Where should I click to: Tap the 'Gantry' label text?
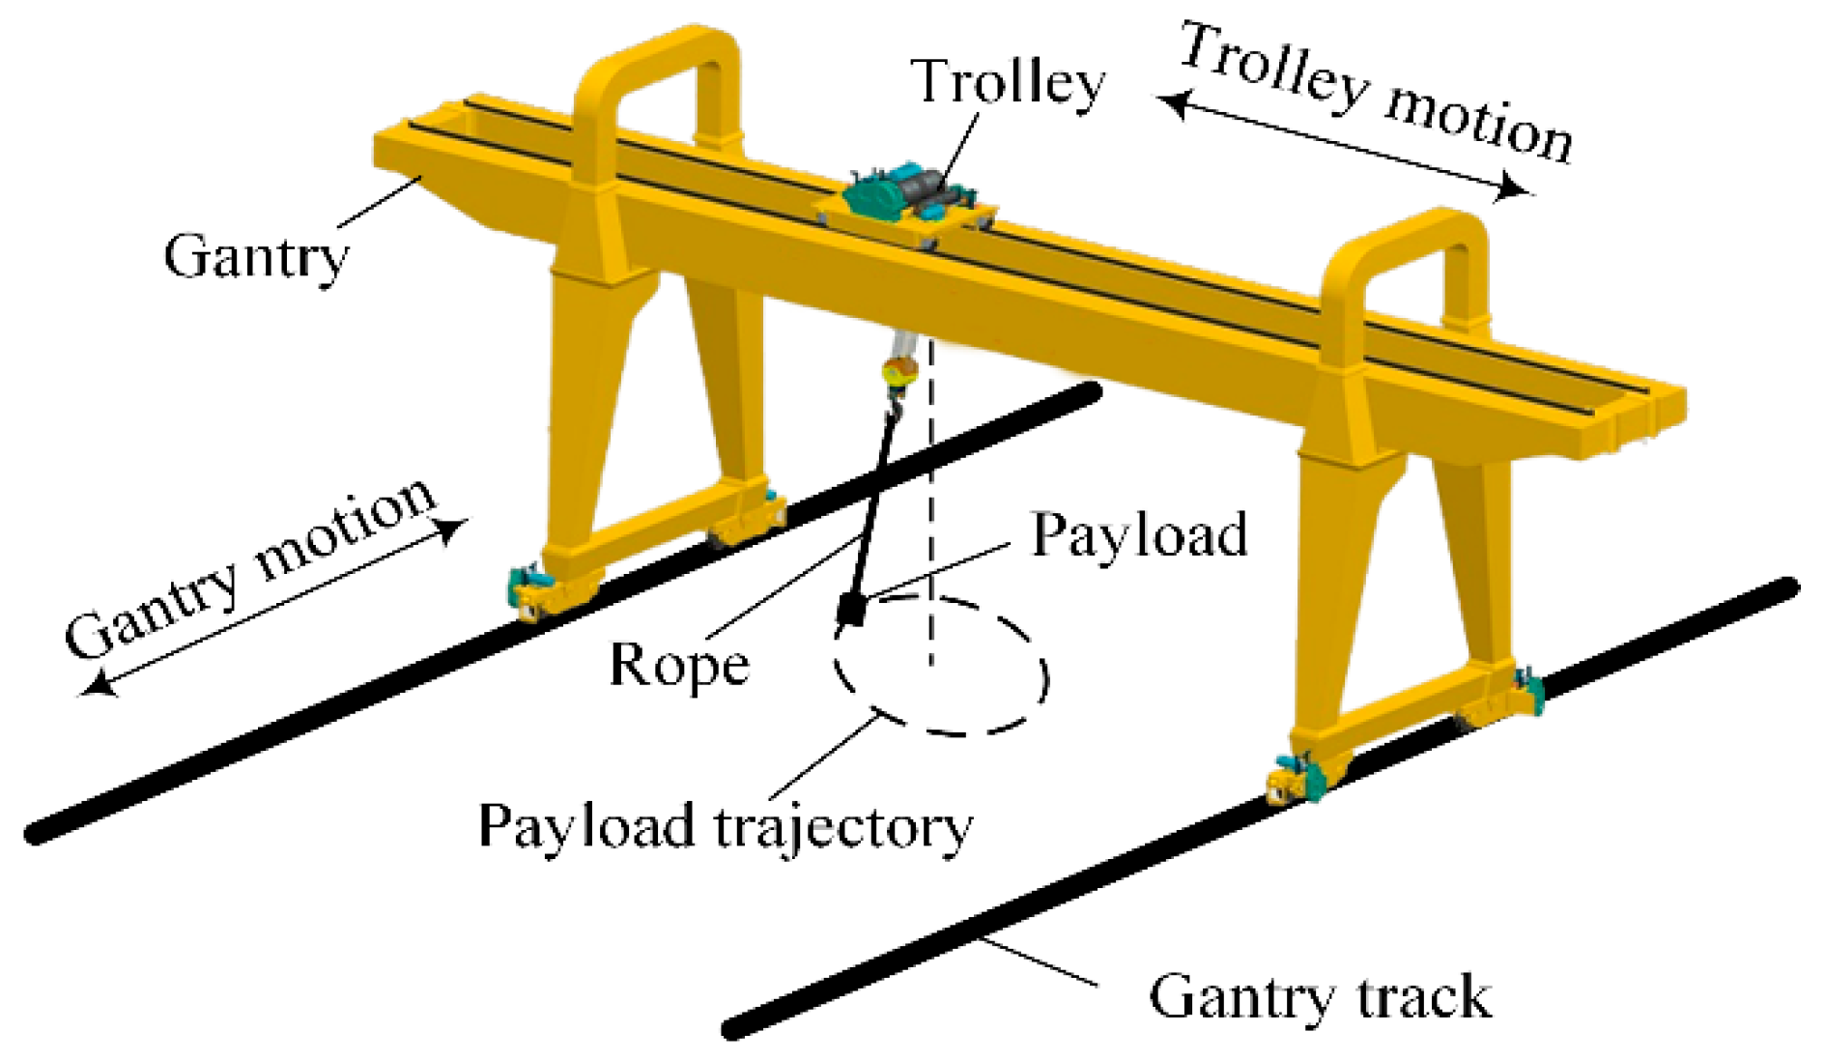pyautogui.click(x=255, y=257)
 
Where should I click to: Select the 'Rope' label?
pyautogui.click(x=679, y=665)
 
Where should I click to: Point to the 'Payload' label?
pyautogui.click(x=1139, y=534)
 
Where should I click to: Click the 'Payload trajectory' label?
pyautogui.click(x=725, y=827)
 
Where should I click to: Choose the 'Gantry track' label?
pyautogui.click(x=1320, y=997)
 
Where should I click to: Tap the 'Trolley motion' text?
pyautogui.click(x=1377, y=93)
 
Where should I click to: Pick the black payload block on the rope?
pyautogui.click(x=851, y=609)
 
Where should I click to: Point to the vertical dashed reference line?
pyautogui.click(x=932, y=502)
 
